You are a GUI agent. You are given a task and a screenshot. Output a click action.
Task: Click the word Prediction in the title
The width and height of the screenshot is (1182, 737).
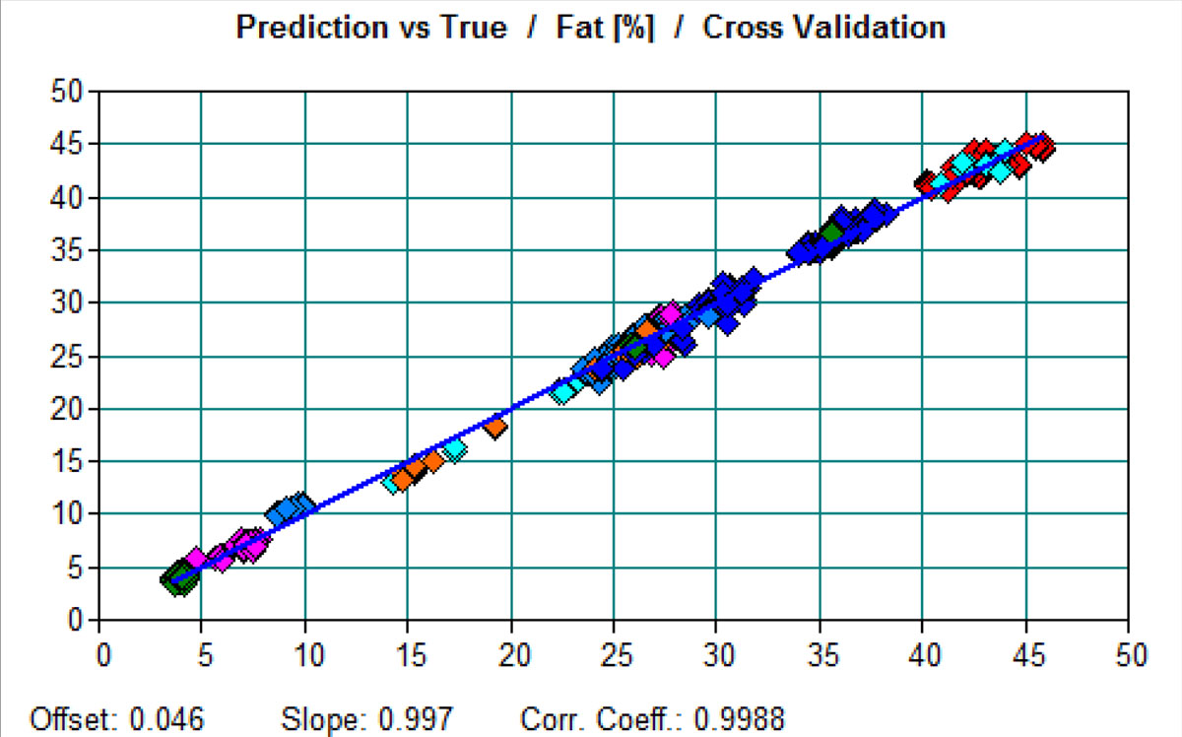306,28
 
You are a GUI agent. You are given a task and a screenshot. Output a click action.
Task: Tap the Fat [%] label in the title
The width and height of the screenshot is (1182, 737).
612,28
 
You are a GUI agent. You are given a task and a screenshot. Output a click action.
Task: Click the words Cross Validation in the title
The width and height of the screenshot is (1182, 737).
823,28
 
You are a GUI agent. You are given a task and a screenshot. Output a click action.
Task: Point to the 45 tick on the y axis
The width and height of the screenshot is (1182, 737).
72,145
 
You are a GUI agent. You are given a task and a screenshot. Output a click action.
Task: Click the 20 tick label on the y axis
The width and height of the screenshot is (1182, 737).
72,409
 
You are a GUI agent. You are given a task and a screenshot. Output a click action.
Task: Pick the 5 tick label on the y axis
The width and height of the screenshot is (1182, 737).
79,568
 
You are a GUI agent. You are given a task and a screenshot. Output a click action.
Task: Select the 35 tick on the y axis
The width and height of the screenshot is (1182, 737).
72,250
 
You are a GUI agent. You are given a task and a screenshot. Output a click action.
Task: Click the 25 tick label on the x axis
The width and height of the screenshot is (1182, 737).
614,654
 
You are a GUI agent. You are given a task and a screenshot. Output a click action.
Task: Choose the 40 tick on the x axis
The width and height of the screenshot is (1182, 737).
923,654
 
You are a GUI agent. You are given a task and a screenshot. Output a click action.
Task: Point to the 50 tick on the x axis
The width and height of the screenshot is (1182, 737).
1129,654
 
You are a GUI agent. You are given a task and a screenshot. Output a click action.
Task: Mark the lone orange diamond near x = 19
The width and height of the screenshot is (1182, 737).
495,426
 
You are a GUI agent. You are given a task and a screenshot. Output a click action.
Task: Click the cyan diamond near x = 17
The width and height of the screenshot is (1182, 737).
454,449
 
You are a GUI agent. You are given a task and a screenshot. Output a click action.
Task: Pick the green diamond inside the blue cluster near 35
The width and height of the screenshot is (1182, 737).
833,233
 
